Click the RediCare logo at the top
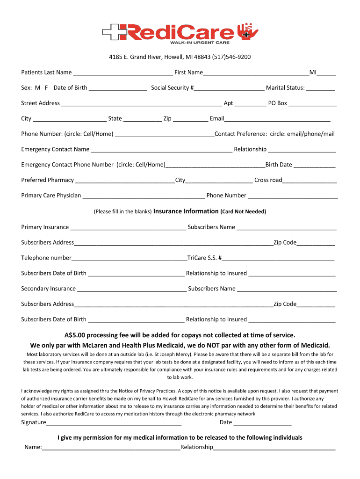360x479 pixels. (180, 33)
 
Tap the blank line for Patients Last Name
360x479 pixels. (123, 73)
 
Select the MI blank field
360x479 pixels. (327, 73)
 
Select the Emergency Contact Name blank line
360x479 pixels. (161, 151)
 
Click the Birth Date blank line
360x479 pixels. (315, 166)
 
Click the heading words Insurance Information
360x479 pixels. (186, 211)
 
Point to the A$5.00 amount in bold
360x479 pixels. (74, 335)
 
